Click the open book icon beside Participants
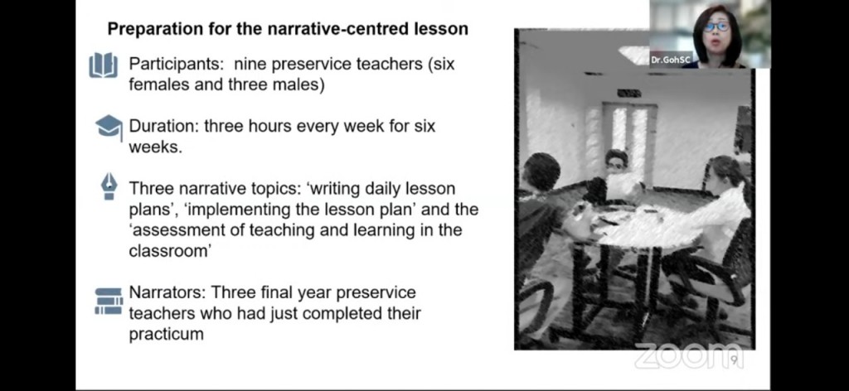[x=104, y=65]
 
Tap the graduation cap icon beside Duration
[x=109, y=127]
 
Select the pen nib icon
[x=109, y=186]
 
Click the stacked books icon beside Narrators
[x=109, y=302]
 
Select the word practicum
[x=166, y=334]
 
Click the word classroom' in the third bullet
[x=169, y=251]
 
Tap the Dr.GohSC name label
[x=672, y=60]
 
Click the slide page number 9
[x=735, y=360]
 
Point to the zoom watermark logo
[x=689, y=356]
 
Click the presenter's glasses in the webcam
[x=716, y=26]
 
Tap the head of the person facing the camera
[x=616, y=162]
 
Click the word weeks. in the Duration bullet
[x=155, y=147]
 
